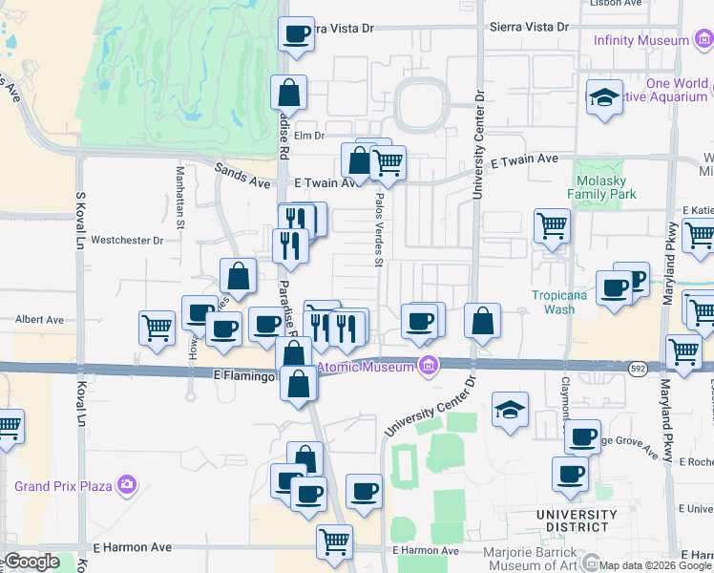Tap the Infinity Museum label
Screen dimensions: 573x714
pos(640,40)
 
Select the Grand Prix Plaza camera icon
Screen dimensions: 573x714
pos(128,486)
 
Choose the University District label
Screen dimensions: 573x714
pos(572,520)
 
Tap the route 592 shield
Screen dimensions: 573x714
pos(638,367)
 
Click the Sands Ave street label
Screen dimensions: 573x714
pos(242,174)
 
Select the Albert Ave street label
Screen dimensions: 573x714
pos(38,320)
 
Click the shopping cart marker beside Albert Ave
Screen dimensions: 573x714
pos(157,328)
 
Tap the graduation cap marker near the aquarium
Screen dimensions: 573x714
pos(603,98)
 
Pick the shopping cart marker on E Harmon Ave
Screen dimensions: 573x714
pos(334,541)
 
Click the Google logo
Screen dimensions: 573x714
pos(31,562)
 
